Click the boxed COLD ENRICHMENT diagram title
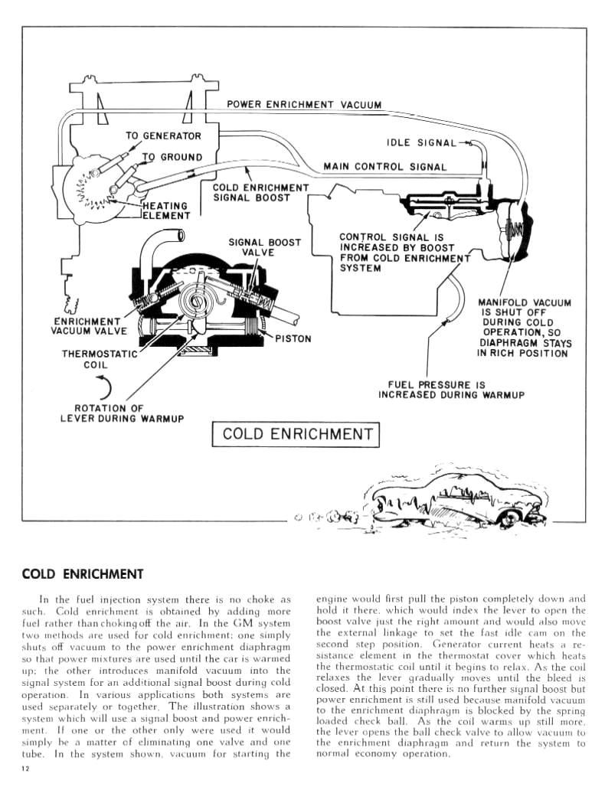[296, 434]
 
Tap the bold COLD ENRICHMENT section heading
[83, 573]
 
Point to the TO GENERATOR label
[163, 136]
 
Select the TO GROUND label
[172, 157]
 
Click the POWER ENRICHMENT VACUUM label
[304, 105]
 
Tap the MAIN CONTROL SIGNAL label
[384, 166]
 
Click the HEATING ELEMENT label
[165, 211]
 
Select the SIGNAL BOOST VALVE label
[264, 247]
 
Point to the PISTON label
[293, 338]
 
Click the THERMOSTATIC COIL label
[99, 360]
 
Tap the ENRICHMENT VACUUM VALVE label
[86, 326]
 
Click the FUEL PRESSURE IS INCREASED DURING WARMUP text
[451, 390]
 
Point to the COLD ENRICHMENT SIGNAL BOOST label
[260, 192]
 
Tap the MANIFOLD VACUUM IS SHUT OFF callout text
[524, 328]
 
